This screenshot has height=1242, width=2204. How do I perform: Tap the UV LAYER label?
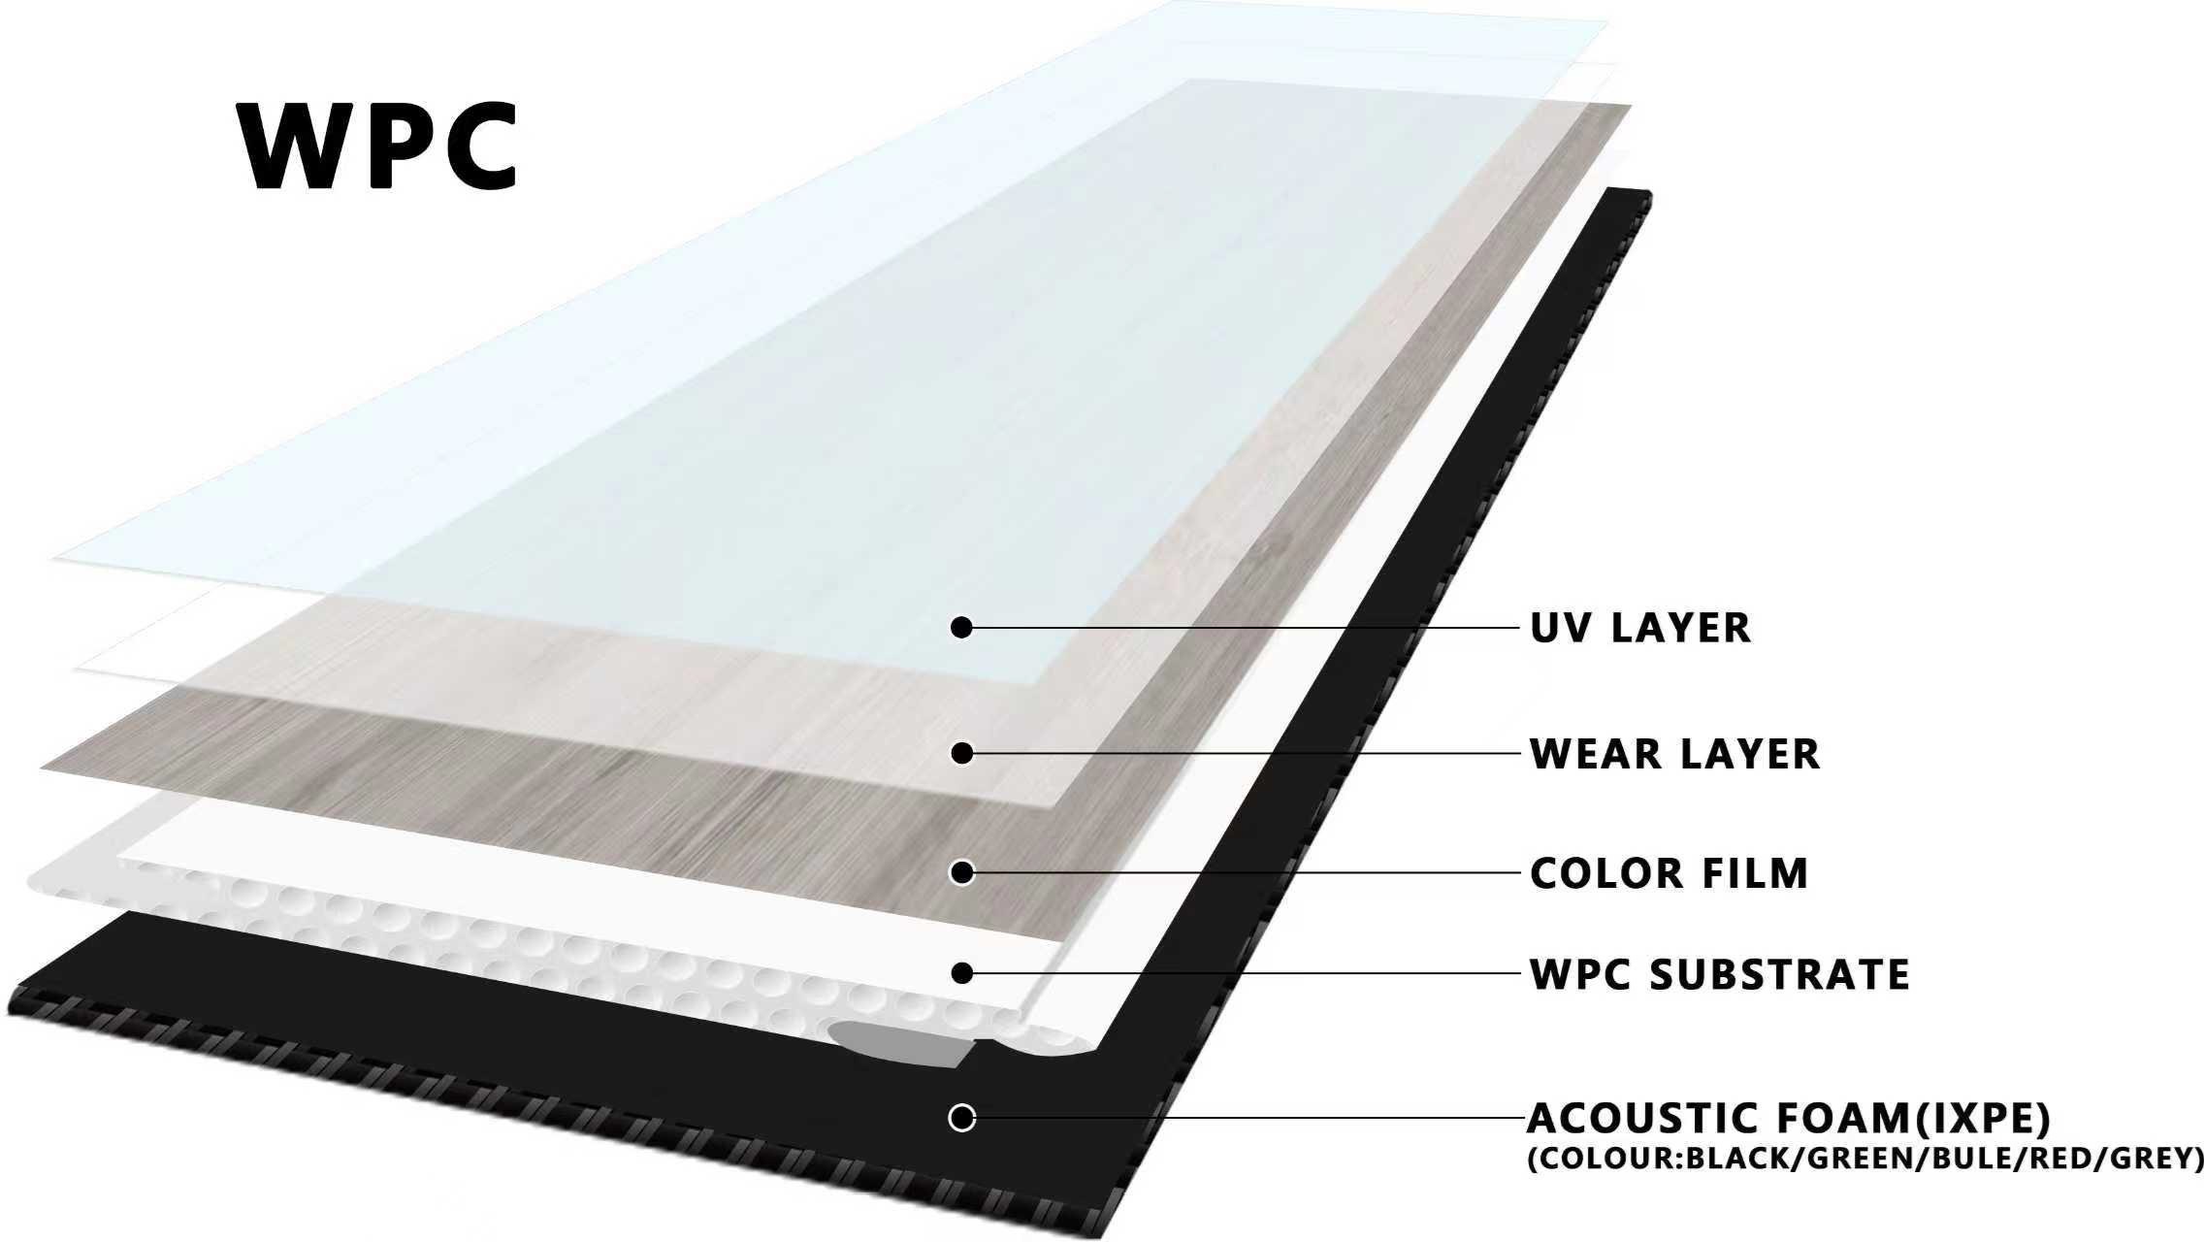[1640, 628]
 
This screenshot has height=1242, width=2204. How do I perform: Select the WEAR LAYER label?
[1674, 754]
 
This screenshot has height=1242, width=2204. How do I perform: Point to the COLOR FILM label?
[1669, 873]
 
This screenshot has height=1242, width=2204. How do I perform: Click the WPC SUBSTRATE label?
[1719, 974]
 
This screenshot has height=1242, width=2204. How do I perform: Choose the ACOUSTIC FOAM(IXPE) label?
[1789, 1119]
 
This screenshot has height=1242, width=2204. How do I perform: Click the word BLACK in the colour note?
[1734, 1159]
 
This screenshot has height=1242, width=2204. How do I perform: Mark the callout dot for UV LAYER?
[961, 628]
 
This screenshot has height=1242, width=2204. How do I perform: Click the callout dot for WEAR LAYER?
[961, 753]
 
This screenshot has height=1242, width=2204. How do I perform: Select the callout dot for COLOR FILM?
[961, 873]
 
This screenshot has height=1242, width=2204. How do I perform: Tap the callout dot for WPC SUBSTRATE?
[961, 973]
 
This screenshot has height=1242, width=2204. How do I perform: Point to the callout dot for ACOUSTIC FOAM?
[961, 1118]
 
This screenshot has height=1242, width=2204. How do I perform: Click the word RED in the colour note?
[2048, 1159]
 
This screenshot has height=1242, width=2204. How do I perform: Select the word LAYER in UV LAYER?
[1681, 628]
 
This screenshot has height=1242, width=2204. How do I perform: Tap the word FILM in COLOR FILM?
[1756, 873]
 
